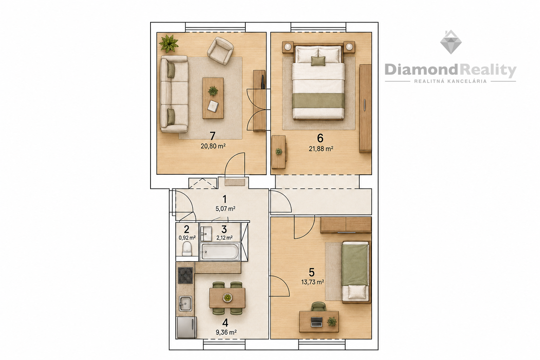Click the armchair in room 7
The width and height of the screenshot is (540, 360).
(220, 51)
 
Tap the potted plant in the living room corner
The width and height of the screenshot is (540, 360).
(168, 43)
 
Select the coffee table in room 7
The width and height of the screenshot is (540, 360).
(213, 98)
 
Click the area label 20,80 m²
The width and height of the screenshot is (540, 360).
(213, 146)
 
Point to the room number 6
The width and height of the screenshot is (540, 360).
(320, 138)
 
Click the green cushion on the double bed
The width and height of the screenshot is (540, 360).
(318, 61)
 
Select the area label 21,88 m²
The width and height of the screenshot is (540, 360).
(321, 149)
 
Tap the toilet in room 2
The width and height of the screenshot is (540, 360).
(187, 249)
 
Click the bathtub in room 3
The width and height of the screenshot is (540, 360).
(220, 252)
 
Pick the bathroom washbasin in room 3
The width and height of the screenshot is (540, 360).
(206, 234)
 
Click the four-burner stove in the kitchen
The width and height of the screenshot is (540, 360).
(185, 275)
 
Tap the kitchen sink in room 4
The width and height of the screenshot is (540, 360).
(185, 304)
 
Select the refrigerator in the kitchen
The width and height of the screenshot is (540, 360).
(187, 327)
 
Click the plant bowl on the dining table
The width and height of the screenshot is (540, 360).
(227, 297)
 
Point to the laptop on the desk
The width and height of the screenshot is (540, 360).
(316, 322)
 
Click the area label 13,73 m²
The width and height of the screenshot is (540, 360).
(313, 282)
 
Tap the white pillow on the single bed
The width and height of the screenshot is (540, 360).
(355, 292)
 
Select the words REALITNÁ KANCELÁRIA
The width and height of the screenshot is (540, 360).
(450, 82)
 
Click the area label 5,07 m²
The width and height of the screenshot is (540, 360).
(225, 209)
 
